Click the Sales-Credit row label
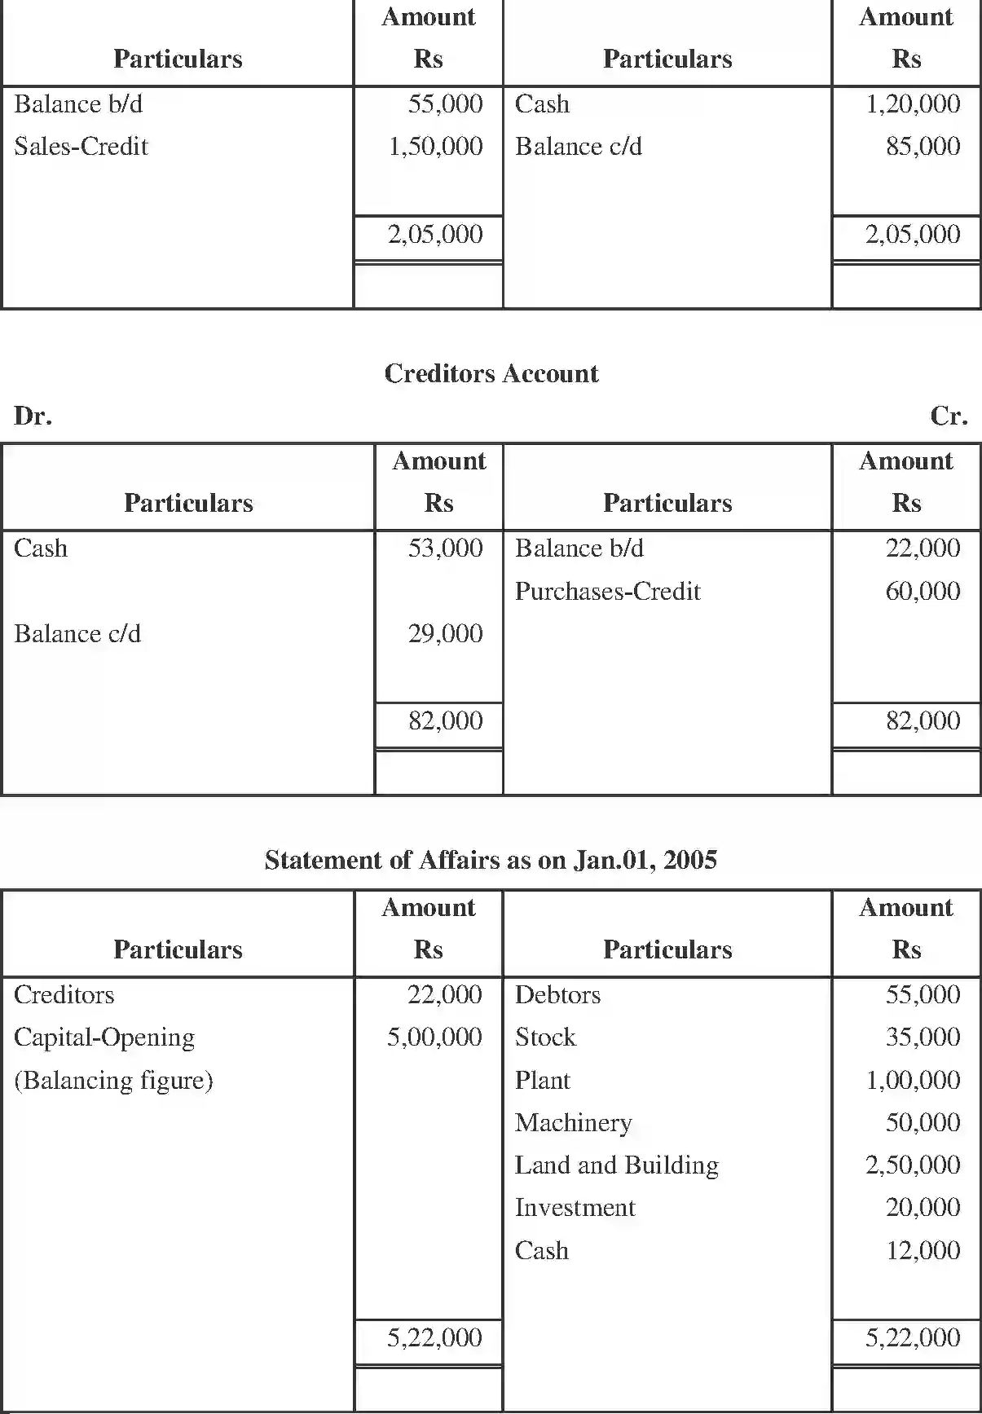point(81,147)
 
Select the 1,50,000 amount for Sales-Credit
point(435,147)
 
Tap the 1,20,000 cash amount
point(912,104)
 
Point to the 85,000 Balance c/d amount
point(923,147)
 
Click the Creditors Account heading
point(491,373)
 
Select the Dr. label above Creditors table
point(33,416)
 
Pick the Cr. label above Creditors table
point(949,416)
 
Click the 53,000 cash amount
point(445,548)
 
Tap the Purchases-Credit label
point(607,591)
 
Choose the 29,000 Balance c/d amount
point(445,633)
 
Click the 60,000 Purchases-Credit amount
point(923,591)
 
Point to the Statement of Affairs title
point(491,860)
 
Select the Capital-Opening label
point(104,1037)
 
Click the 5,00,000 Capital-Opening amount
point(434,1037)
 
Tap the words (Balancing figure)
point(113,1081)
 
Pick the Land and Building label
point(616,1165)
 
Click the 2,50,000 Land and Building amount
point(912,1165)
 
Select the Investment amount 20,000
point(923,1208)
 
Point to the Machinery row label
point(573,1123)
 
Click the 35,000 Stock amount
point(923,1037)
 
